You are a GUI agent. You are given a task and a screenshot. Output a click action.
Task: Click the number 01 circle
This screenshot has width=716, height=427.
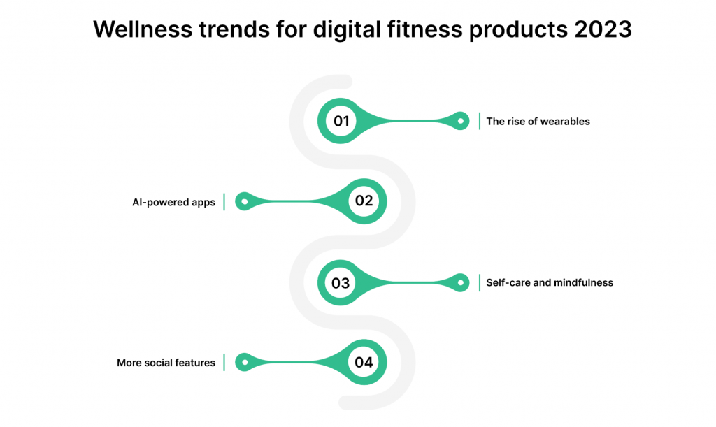pos(341,121)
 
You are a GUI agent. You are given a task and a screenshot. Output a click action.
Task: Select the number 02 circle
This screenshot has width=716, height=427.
pos(364,201)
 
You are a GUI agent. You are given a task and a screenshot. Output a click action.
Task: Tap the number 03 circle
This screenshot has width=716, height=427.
pos(341,283)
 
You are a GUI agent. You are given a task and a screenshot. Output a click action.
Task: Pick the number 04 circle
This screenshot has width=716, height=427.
pos(364,362)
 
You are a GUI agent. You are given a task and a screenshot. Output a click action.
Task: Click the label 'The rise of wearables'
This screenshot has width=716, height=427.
pos(538,122)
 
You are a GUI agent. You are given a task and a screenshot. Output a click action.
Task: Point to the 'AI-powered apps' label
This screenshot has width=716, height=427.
pos(173,202)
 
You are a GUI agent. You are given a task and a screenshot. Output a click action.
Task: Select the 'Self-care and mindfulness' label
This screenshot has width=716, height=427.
pos(550,282)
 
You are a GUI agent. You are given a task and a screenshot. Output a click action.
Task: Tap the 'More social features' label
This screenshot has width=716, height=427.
pos(166,363)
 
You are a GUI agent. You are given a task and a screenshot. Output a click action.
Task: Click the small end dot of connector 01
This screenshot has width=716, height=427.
pos(461,121)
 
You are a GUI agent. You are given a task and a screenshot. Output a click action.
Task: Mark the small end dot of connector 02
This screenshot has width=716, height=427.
pos(245,201)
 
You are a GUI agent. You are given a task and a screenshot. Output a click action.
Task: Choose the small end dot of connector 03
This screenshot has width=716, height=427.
pos(461,283)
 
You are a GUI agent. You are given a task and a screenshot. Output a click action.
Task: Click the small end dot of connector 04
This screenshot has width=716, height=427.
pos(245,362)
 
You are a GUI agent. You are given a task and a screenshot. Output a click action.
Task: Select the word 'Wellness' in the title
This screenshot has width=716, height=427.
pos(143,29)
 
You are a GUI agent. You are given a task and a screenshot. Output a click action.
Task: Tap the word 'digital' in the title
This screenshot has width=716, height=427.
pos(347,30)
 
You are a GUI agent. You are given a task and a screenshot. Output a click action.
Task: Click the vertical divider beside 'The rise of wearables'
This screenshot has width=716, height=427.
pos(480,121)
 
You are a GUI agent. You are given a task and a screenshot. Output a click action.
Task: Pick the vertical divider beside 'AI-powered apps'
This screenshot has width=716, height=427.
pos(224,202)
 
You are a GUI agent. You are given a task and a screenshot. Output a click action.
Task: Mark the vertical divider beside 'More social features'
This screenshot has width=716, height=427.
pos(224,362)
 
